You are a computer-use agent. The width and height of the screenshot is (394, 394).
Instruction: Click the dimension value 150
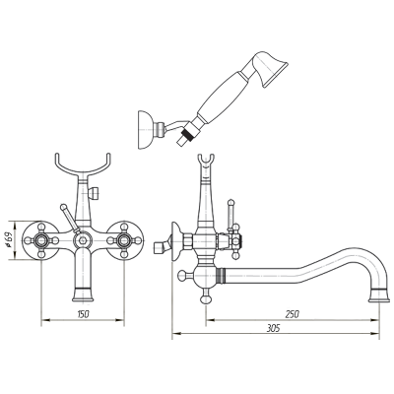coord(83,314)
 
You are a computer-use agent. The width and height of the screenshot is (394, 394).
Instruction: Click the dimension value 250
coord(292,314)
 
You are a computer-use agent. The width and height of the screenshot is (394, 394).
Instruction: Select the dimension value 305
coord(273,328)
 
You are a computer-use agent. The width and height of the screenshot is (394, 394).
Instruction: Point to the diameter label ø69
coord(10,240)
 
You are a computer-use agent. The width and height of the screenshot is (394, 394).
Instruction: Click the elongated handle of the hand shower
coord(220,96)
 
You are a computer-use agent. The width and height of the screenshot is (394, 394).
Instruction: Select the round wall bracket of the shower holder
coord(145,130)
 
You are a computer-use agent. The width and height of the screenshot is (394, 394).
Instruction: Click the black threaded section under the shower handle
coord(188,134)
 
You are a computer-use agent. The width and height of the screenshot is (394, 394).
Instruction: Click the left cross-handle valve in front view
coord(41,240)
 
